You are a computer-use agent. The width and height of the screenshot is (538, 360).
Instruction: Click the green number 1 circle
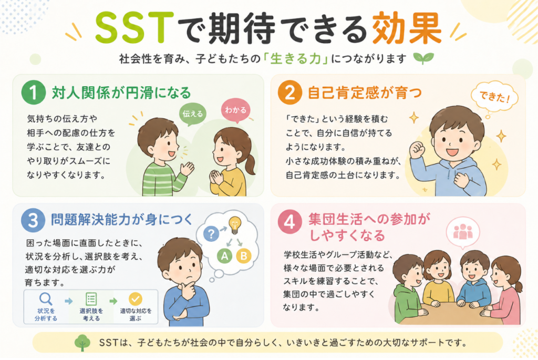(33, 92)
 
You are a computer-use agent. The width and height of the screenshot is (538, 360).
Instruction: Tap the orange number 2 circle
(290, 92)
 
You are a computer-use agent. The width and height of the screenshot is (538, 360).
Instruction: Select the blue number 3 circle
(33, 220)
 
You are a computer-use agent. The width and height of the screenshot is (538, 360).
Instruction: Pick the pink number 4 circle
(290, 222)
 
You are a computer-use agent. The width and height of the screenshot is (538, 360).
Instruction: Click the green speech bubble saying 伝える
(192, 114)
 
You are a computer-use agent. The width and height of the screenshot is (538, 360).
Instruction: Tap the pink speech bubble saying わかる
(236, 110)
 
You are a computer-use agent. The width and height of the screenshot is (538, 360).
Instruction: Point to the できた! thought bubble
(494, 97)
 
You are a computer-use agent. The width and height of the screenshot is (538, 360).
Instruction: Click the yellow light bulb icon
(235, 225)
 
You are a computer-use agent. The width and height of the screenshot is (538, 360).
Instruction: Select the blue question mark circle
(211, 234)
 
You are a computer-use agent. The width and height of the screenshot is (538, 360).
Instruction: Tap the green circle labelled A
(225, 255)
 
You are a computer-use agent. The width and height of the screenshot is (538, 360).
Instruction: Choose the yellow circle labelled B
(244, 255)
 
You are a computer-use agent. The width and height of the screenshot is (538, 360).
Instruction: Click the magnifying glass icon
(46, 299)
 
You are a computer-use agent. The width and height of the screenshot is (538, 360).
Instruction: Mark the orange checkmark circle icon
(136, 299)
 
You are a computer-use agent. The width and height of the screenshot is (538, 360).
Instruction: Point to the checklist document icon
(91, 299)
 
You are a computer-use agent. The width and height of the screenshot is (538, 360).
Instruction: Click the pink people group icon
(463, 232)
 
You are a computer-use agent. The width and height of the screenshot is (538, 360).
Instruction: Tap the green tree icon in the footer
(82, 343)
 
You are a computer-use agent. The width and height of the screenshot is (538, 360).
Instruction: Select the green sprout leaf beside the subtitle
(424, 58)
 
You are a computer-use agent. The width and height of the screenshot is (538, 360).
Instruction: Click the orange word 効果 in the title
(407, 28)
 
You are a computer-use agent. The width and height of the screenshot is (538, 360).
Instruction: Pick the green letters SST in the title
(134, 28)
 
